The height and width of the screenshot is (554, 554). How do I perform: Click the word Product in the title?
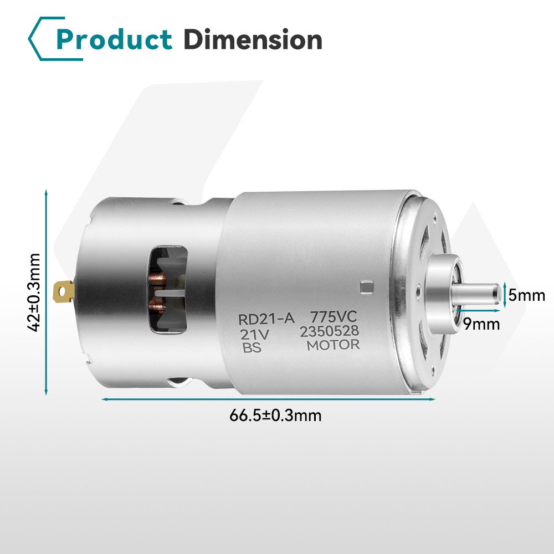pyautogui.click(x=114, y=39)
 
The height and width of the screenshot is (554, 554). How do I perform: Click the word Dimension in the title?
pyautogui.click(x=253, y=39)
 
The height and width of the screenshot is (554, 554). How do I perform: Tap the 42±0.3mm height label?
pyautogui.click(x=34, y=293)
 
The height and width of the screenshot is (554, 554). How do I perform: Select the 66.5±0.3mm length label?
pyautogui.click(x=275, y=415)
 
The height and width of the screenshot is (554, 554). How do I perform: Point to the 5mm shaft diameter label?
pyautogui.click(x=527, y=295)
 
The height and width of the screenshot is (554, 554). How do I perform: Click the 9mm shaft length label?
pyautogui.click(x=481, y=324)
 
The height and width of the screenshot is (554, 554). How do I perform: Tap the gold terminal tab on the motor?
pyautogui.click(x=64, y=291)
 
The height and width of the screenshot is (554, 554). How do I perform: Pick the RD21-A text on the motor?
pyautogui.click(x=266, y=319)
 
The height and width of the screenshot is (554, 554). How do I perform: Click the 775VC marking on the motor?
pyautogui.click(x=334, y=316)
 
